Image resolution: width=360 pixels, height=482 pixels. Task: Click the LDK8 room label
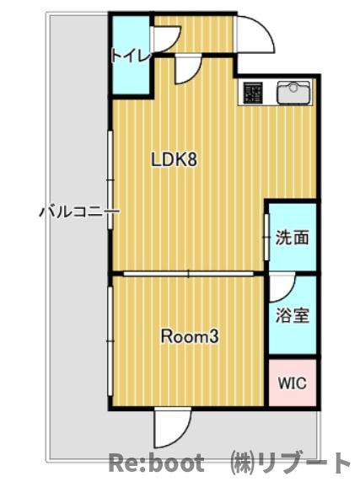(x=174, y=159)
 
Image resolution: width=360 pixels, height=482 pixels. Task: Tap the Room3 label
(x=190, y=338)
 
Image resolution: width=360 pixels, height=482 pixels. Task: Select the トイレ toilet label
(x=131, y=56)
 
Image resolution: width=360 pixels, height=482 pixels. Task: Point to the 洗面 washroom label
(x=292, y=238)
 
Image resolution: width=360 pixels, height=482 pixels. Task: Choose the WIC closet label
(x=292, y=383)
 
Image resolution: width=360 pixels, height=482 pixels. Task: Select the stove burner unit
(x=253, y=93)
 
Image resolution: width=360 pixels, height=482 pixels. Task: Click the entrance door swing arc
(x=255, y=35)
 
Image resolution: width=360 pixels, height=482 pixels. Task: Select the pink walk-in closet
(x=292, y=383)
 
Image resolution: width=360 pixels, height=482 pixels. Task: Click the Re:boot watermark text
(x=156, y=463)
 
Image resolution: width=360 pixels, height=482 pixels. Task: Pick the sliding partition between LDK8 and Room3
(x=188, y=273)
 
